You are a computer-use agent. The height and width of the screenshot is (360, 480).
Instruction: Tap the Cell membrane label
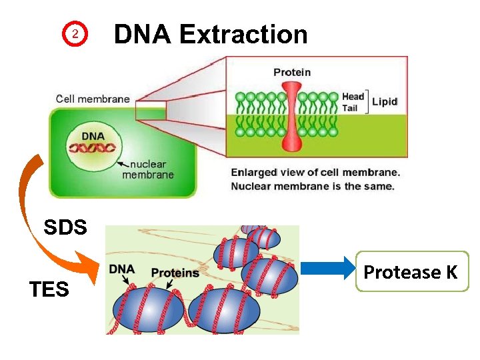[93, 99]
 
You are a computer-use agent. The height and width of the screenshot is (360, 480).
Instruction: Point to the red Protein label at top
[292, 72]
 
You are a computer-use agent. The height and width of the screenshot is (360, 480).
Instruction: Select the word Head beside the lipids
[353, 97]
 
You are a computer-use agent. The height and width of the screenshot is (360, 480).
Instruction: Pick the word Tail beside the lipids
[351, 107]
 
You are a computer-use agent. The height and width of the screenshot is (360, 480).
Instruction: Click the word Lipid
[385, 102]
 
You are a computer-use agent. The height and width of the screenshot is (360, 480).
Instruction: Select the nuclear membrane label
[148, 169]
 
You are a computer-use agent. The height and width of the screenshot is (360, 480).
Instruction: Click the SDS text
[65, 227]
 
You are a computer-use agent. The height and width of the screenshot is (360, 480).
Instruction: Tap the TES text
[49, 289]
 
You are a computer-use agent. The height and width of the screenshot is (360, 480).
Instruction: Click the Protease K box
[411, 272]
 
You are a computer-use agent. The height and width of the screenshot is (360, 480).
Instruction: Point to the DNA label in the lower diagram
[122, 270]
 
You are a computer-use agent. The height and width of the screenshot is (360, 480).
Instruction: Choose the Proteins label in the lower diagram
[175, 273]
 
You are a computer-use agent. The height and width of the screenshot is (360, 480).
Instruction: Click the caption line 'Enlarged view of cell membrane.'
[315, 172]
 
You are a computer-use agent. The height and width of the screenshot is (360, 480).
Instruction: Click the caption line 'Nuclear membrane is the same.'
[312, 185]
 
